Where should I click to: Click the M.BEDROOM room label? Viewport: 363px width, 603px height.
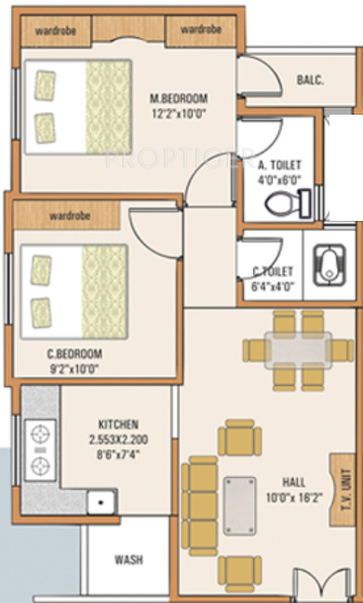coord(180,98)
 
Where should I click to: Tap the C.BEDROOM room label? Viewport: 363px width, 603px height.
coord(74,354)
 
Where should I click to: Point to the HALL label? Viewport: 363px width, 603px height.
coord(293,482)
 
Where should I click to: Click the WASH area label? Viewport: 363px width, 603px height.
coord(128,560)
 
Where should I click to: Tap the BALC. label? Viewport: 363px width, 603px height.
coord(310,80)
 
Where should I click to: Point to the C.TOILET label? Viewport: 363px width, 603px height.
coord(274,271)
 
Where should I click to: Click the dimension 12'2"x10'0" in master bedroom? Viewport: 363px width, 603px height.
coord(180,112)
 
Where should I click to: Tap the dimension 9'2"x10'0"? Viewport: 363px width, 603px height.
coord(74,368)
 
